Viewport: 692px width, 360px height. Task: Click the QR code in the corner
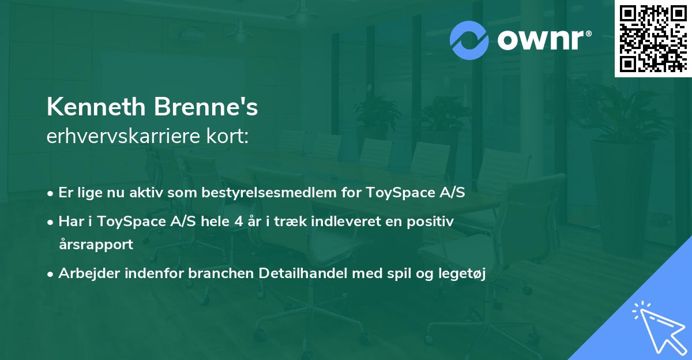pyautogui.click(x=653, y=38)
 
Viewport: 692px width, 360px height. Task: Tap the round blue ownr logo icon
pyautogui.click(x=469, y=40)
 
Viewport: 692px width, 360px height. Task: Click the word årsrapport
pyautogui.click(x=96, y=244)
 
